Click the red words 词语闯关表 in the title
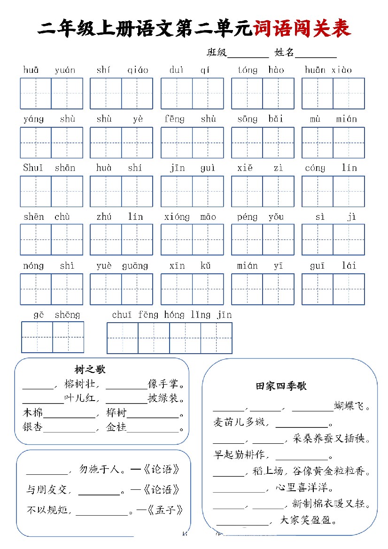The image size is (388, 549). coord(302,29)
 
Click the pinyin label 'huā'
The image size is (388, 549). coord(31,70)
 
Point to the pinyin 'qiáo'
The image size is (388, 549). coord(138,70)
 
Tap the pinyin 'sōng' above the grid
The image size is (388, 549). coord(247,119)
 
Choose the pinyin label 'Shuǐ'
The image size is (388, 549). coord(33,168)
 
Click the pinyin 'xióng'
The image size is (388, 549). coord(177,217)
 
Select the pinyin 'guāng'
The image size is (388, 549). coord(135,266)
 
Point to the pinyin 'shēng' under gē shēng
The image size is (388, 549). coord(67,315)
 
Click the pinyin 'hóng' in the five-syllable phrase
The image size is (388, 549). coord(174,315)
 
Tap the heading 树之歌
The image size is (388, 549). coord(90,370)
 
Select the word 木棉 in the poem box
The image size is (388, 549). coord(32,413)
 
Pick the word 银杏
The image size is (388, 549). coord(32,427)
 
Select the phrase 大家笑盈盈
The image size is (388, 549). coord(309,520)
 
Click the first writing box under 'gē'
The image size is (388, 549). coord(37,337)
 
